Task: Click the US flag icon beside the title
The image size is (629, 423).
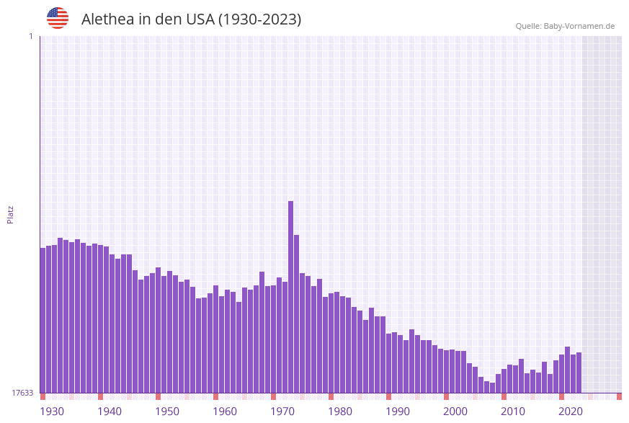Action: click(x=58, y=18)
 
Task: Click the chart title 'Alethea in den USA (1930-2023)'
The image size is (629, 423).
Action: click(x=191, y=19)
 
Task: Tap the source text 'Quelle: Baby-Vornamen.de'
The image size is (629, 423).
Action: click(x=565, y=26)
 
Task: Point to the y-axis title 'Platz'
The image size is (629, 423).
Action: click(x=11, y=214)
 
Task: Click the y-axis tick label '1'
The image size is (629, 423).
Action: click(x=30, y=36)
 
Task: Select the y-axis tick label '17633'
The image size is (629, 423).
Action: click(x=22, y=393)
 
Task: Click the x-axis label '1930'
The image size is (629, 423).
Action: click(x=52, y=411)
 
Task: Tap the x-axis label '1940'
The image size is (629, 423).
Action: click(x=110, y=411)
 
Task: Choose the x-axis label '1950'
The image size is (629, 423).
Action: click(x=167, y=411)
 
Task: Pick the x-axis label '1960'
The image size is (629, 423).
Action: click(x=225, y=411)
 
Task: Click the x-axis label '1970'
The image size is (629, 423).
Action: click(x=282, y=411)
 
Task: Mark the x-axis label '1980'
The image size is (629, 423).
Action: click(x=340, y=411)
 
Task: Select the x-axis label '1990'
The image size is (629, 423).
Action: click(x=398, y=411)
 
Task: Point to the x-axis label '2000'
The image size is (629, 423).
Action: click(x=455, y=411)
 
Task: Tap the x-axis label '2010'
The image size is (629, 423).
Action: click(x=513, y=411)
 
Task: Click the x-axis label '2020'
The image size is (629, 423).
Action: click(x=571, y=411)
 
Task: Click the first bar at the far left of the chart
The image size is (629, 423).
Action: click(x=43, y=320)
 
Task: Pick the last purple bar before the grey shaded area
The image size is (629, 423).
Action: click(x=579, y=373)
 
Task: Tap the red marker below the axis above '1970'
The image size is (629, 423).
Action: click(x=274, y=396)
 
